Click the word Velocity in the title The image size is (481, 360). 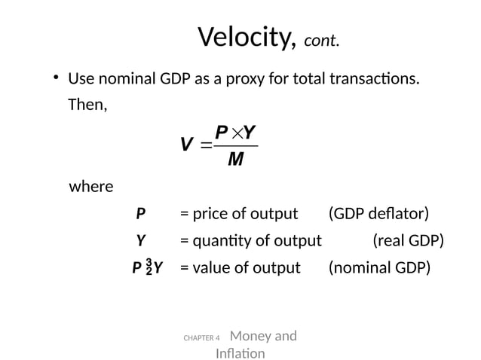(x=245, y=37)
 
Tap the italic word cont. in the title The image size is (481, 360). (x=321, y=40)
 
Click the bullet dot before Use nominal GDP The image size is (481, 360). (x=56, y=78)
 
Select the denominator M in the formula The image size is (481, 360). (x=234, y=160)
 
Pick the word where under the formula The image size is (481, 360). (x=91, y=186)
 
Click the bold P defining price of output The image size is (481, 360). (x=139, y=214)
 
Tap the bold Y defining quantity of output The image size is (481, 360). (x=139, y=241)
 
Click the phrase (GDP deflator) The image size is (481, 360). (x=378, y=214)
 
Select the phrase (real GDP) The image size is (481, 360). (x=408, y=241)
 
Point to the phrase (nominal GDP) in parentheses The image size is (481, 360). (x=379, y=267)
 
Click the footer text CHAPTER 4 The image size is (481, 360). (x=201, y=339)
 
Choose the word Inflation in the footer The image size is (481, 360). (x=240, y=352)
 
